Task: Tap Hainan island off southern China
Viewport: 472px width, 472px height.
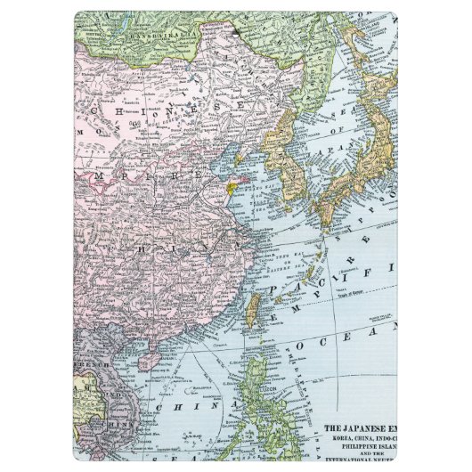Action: (152, 359)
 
